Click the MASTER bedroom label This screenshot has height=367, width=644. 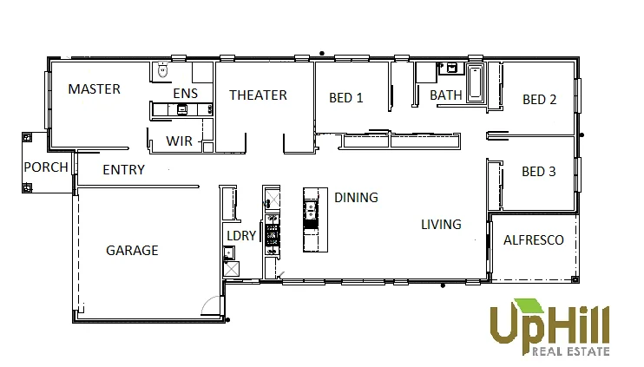94,89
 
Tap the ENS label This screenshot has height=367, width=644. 186,93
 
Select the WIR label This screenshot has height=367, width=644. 179,141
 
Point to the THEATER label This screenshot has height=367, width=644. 258,95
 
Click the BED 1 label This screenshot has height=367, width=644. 345,98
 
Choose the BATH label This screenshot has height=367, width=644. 445,95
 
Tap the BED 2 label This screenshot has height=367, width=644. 539,100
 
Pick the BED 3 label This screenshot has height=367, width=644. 539,172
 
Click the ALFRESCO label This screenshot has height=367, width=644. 534,240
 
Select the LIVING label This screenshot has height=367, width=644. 441,225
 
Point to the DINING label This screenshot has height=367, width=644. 356,198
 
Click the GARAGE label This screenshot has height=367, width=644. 132,251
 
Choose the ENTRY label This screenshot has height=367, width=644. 123,170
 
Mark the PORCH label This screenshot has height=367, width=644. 46,167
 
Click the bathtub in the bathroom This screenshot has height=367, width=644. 476,84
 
